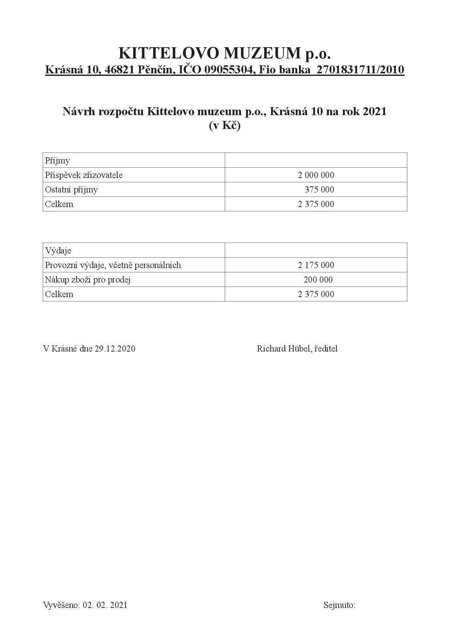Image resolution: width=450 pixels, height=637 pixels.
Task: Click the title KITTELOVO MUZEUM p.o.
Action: tap(225, 53)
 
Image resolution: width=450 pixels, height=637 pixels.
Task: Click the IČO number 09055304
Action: tap(228, 69)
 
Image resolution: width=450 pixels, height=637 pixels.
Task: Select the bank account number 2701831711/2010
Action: tap(360, 69)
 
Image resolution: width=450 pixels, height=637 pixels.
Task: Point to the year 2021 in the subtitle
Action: tap(375, 111)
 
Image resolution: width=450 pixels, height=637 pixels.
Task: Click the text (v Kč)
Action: tap(225, 126)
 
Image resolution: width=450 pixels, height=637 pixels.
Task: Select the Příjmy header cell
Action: tap(57, 161)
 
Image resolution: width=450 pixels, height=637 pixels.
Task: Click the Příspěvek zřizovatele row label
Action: tap(84, 175)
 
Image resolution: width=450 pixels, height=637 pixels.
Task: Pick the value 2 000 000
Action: tap(316, 175)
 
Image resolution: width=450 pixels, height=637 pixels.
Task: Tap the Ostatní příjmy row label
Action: tap(71, 190)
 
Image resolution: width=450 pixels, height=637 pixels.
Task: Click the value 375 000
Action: tap(319, 190)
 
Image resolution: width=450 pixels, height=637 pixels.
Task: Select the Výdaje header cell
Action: tap(58, 251)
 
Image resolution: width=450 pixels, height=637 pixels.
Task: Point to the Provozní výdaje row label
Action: tap(113, 265)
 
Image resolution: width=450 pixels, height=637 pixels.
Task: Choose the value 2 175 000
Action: tap(316, 265)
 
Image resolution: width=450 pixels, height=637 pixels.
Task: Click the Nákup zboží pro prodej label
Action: tap(88, 280)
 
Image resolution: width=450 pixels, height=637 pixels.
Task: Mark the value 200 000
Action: tap(318, 280)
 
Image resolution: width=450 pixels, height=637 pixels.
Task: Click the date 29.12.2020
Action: tap(115, 349)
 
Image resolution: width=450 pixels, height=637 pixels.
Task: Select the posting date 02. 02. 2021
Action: tap(105, 605)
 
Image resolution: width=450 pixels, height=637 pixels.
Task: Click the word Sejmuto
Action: tap(339, 605)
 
